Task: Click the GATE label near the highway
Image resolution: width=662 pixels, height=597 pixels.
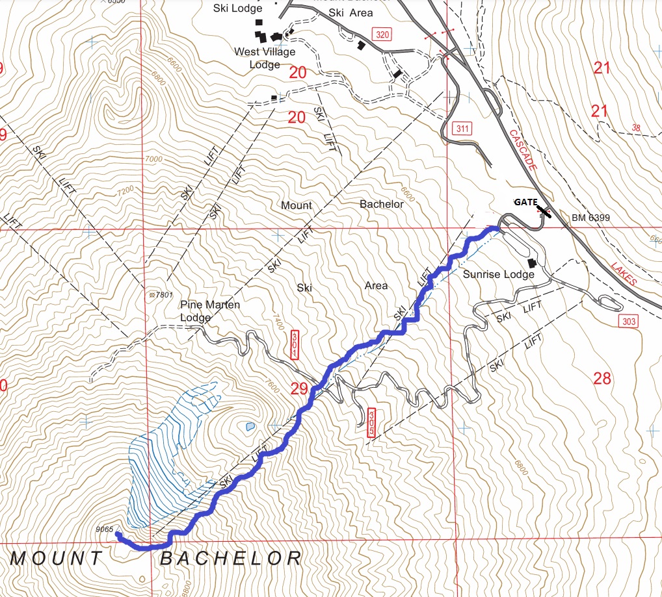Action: click(x=525, y=203)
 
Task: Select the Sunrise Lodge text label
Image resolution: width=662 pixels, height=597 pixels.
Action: click(x=498, y=274)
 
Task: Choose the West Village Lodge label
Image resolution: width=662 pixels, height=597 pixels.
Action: click(x=265, y=58)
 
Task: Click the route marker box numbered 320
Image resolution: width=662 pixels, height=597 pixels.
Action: click(x=382, y=34)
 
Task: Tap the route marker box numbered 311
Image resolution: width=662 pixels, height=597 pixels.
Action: click(x=462, y=129)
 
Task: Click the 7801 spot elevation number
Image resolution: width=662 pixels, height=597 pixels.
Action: click(x=163, y=295)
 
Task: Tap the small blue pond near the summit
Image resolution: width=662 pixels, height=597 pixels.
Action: click(x=250, y=427)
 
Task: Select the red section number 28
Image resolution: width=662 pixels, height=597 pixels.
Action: click(x=602, y=378)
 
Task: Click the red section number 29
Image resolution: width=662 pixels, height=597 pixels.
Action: click(x=299, y=389)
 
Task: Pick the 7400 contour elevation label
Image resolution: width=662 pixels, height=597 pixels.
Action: click(x=278, y=320)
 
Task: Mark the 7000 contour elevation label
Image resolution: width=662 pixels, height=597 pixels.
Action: click(x=153, y=158)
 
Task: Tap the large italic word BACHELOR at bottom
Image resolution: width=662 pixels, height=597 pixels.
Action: click(x=231, y=558)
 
